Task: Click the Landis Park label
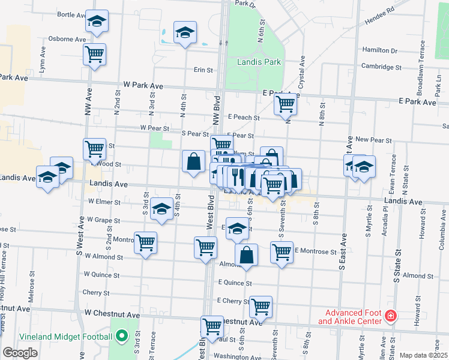pyautogui.click(x=259, y=61)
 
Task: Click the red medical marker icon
pyautogui.click(x=391, y=316)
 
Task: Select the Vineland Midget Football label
pyautogui.click(x=58, y=336)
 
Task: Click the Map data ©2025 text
pyautogui.click(x=423, y=355)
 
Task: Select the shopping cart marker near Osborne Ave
pyautogui.click(x=95, y=55)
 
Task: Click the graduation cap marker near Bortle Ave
pyautogui.click(x=96, y=22)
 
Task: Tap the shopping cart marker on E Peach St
pyautogui.click(x=286, y=104)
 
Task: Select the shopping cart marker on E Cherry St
pyautogui.click(x=261, y=307)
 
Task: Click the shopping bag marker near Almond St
pyautogui.click(x=246, y=255)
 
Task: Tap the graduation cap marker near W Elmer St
pyautogui.click(x=161, y=209)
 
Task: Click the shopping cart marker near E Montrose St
pyautogui.click(x=282, y=253)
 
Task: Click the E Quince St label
pyautogui.click(x=234, y=282)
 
